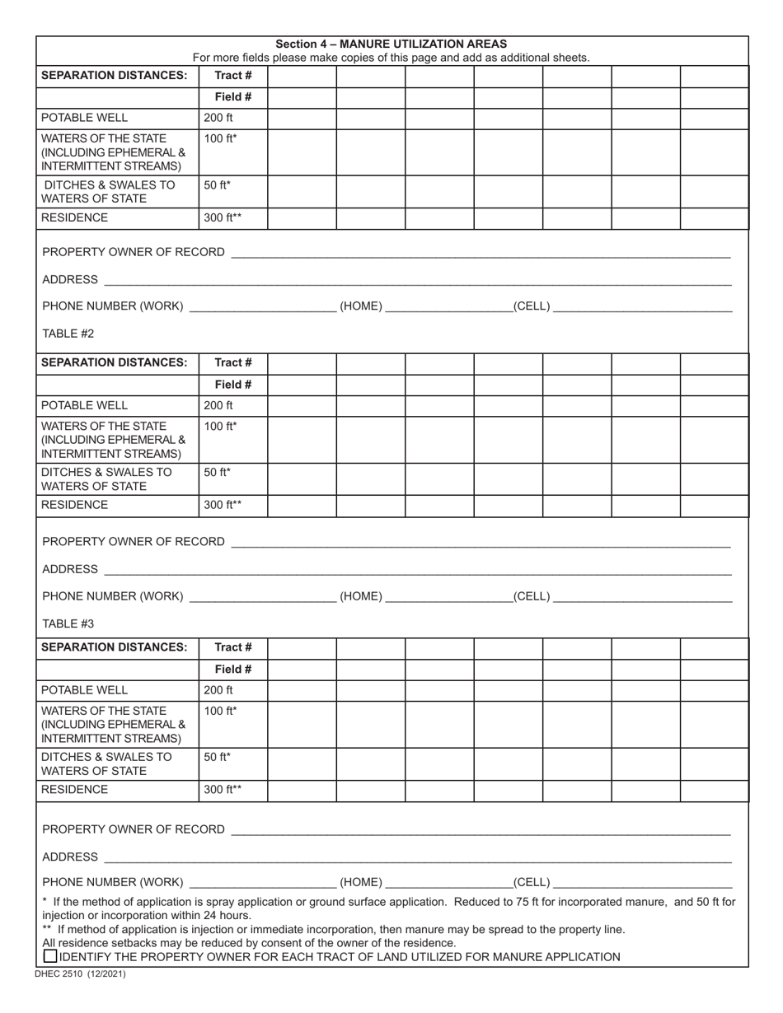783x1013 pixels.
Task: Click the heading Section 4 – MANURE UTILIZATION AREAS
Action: click(391, 44)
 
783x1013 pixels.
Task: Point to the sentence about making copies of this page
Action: click(391, 58)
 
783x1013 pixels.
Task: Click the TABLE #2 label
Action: click(68, 334)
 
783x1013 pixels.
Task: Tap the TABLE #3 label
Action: click(68, 623)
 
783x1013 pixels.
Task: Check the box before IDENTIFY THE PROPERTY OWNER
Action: click(50, 956)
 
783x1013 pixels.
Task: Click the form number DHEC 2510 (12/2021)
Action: click(81, 973)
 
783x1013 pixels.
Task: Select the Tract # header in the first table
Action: click(233, 75)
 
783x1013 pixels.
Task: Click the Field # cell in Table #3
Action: click(233, 669)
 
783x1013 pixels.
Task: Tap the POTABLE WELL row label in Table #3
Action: click(85, 690)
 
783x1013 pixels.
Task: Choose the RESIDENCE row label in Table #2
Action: click(75, 505)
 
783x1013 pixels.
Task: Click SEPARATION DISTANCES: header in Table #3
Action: click(115, 647)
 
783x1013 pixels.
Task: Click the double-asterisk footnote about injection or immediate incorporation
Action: click(334, 929)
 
